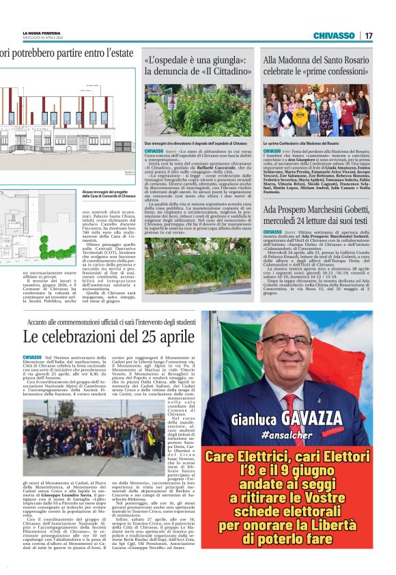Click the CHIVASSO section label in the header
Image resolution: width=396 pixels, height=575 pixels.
pos(334,36)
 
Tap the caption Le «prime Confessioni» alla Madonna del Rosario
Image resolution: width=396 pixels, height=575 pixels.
pos(301,144)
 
